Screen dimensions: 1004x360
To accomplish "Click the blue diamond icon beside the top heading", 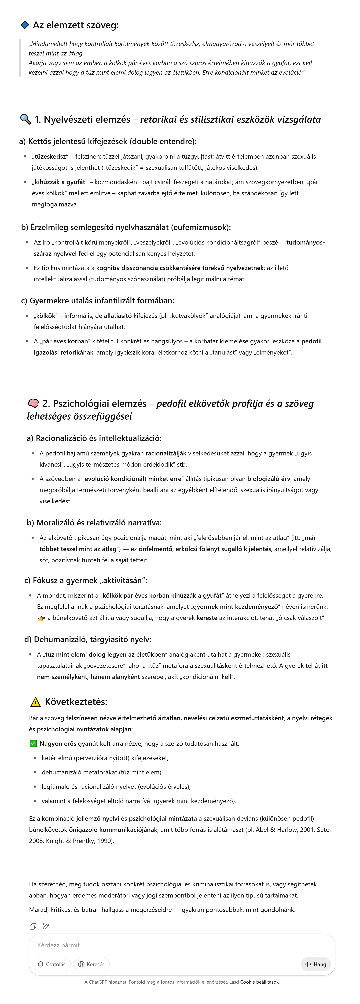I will (25, 25).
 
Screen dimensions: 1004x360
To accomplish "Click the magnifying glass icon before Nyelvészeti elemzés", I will (25, 119).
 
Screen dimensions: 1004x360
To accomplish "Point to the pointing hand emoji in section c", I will (41, 618).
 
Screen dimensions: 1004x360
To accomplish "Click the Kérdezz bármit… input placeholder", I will (61, 945).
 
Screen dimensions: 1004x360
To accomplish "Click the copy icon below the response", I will (33, 926).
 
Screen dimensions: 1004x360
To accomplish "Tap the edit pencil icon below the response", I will (46, 926).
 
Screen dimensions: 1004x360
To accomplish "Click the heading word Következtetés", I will (76, 702).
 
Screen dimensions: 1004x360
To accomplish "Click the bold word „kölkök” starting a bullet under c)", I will (46, 316).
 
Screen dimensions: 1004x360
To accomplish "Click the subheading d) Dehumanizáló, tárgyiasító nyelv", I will (88, 640).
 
